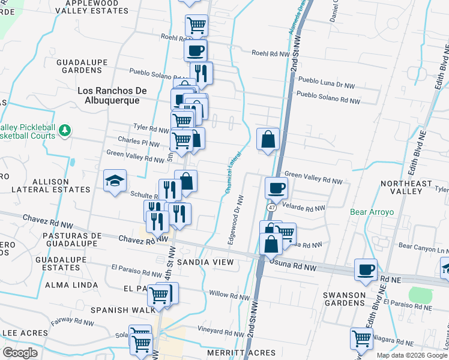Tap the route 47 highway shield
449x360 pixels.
click(271, 207)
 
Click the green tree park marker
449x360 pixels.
click(65, 130)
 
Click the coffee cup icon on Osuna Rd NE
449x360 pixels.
click(365, 269)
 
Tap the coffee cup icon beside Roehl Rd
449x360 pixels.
click(196, 51)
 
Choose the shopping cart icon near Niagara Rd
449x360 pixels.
click(361, 338)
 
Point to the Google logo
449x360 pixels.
click(20, 353)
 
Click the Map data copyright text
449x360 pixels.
click(412, 355)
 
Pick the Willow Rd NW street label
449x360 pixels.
click(230, 296)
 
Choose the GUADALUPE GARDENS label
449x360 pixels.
click(85, 67)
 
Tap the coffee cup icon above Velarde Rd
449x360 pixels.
click(276, 187)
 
